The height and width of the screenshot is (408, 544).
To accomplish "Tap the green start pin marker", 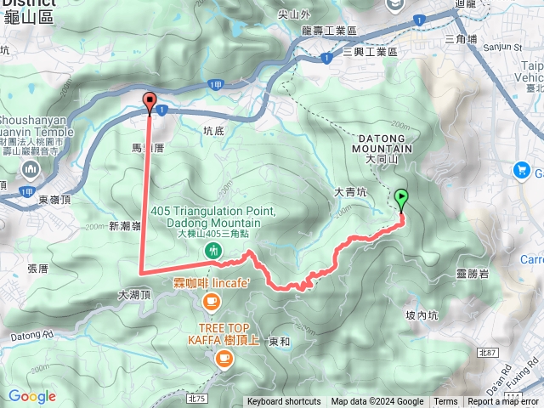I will (x=401, y=199).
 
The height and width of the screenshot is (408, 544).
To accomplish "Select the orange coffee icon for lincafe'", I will (x=212, y=300).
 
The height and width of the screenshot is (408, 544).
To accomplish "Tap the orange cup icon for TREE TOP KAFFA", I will (x=224, y=359).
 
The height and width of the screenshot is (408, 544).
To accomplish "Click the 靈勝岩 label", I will (x=472, y=273).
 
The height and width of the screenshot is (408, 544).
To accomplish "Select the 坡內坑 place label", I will (x=422, y=314).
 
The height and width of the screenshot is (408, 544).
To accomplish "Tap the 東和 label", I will (x=279, y=341).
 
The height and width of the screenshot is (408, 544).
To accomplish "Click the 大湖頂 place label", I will (x=133, y=295).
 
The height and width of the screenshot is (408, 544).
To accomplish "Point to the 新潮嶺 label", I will (x=124, y=226).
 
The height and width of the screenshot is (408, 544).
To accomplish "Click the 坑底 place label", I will (x=214, y=131).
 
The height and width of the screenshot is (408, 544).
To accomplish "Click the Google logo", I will (x=31, y=396).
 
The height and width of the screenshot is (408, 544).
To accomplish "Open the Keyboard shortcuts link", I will (x=284, y=402).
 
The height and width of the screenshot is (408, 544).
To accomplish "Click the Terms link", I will (x=445, y=402).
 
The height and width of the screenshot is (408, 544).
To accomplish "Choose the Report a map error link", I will (x=504, y=402).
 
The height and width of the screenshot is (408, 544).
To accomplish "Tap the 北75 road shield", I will (x=197, y=397).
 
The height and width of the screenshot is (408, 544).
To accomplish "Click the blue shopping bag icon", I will (x=520, y=171).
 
